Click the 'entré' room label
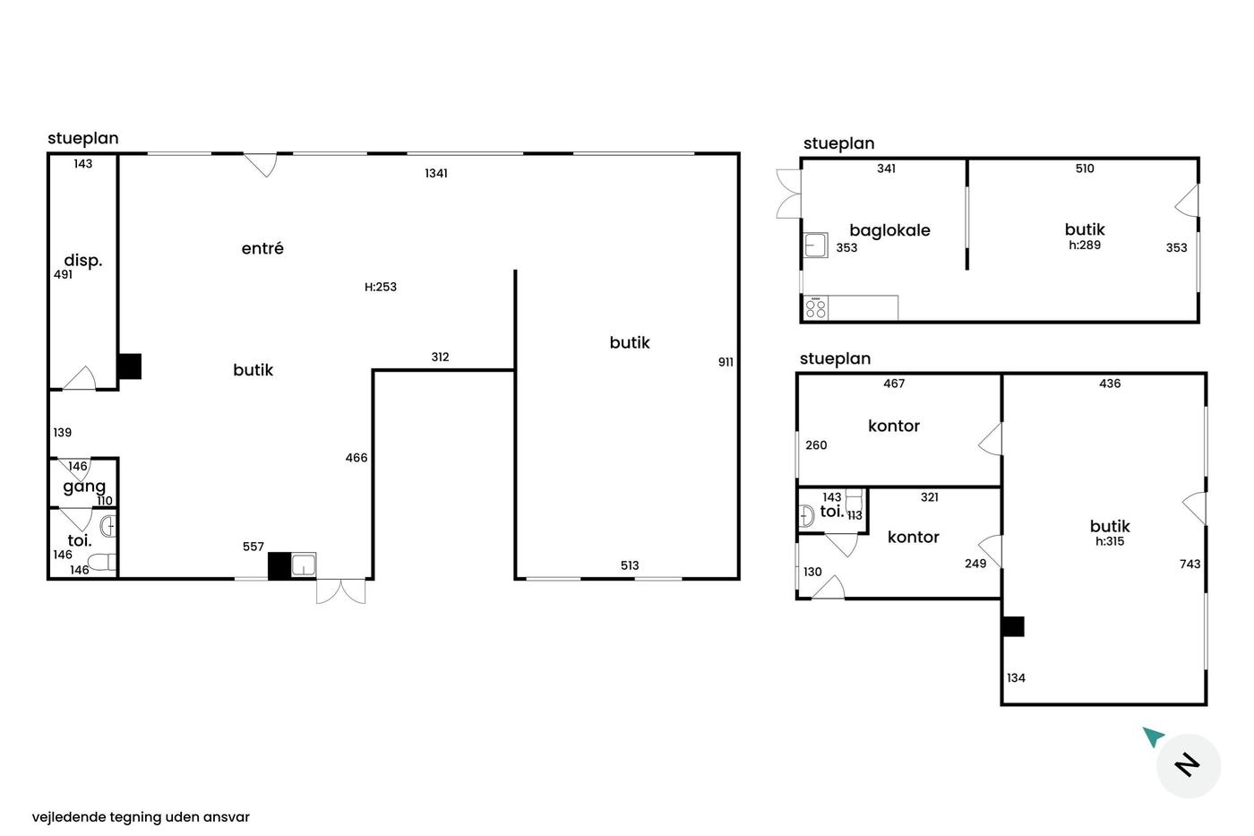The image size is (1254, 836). click(262, 248)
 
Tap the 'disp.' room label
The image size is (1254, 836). click(82, 260)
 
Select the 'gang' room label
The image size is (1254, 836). click(84, 487)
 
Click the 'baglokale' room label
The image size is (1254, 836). click(889, 230)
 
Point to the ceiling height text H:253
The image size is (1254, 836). click(380, 287)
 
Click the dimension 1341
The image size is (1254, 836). click(436, 174)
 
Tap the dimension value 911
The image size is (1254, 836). click(726, 362)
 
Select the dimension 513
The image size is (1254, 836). click(629, 565)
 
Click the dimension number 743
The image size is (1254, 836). click(1190, 564)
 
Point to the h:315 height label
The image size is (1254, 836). click(1110, 541)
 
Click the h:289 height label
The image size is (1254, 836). click(1085, 245)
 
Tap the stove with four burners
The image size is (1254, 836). click(816, 308)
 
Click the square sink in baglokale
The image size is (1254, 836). click(816, 245)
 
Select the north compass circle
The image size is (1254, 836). click(1188, 765)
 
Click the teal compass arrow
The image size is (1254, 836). click(1154, 737)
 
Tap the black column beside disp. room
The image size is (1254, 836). click(129, 366)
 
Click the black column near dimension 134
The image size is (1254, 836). click(1013, 626)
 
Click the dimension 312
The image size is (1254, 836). click(440, 357)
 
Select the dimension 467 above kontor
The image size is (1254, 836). click(894, 384)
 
